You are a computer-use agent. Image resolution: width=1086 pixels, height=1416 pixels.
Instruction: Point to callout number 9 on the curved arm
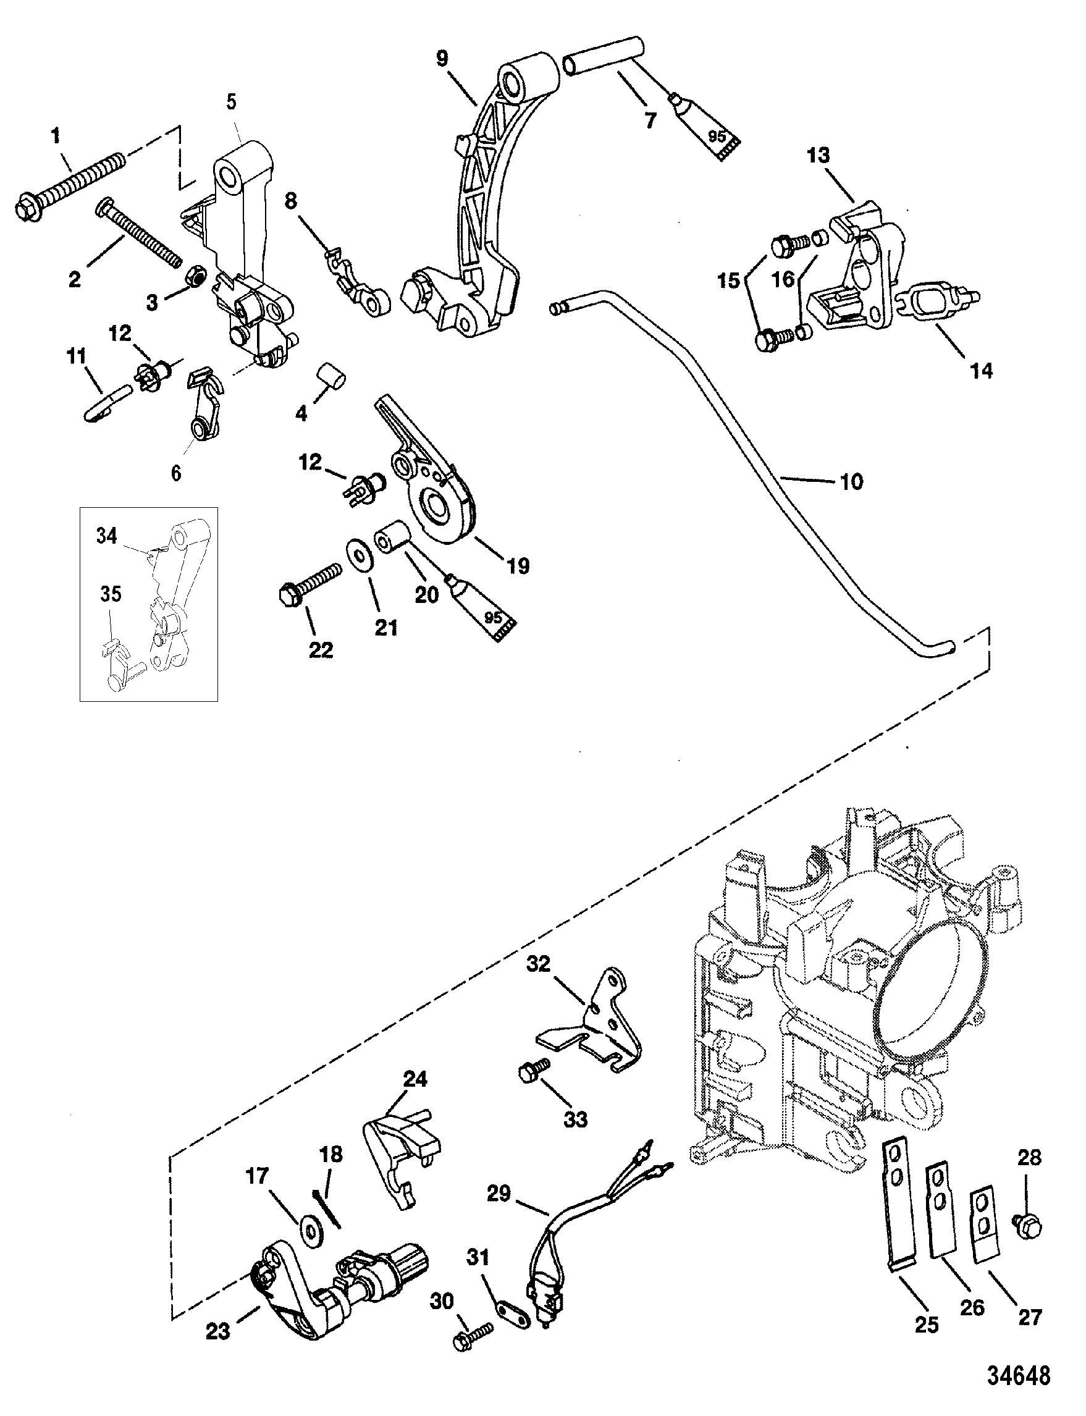(x=442, y=59)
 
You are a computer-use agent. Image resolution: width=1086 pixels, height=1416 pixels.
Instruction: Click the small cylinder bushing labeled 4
(x=331, y=376)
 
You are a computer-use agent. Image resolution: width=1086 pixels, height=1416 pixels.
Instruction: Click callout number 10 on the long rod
(x=851, y=481)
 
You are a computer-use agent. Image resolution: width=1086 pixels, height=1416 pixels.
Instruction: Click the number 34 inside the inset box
(x=108, y=536)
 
